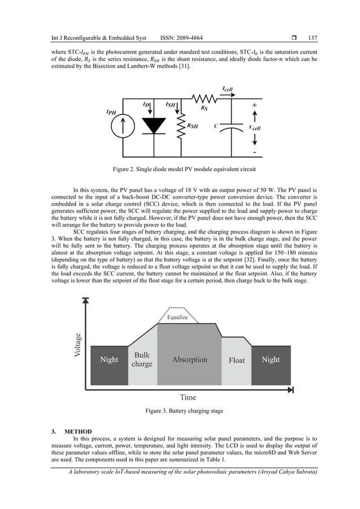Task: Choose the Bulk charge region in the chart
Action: [x=142, y=359]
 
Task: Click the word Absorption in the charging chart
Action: [x=189, y=359]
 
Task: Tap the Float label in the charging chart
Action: [x=236, y=360]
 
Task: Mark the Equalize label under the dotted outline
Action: [x=177, y=317]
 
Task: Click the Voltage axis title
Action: [x=78, y=345]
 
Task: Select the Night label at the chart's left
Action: [x=109, y=359]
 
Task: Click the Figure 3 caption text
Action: [x=183, y=411]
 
